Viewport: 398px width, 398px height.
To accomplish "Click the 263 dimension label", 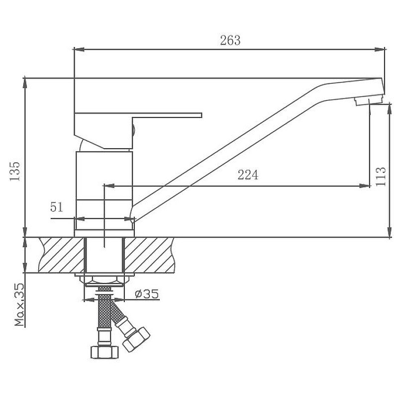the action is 230,40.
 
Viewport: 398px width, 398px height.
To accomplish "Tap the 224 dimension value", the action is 248,175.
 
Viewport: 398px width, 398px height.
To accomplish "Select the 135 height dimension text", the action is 15,171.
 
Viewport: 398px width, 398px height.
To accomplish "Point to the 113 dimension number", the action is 381,177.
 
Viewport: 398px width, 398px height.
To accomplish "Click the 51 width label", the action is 57,207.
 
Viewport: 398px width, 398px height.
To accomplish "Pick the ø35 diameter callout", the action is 147,294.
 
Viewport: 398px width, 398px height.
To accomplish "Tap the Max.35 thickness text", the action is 19,304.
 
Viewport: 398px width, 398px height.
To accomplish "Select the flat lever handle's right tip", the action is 201,115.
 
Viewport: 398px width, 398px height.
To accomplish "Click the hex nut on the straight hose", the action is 104,352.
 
